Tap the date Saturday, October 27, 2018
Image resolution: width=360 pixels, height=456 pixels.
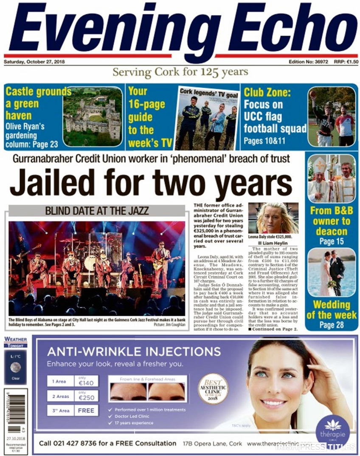point(34,62)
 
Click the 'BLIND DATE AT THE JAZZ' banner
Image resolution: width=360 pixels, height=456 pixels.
point(97,211)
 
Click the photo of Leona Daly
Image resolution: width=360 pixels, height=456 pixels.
point(273,218)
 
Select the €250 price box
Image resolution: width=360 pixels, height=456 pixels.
point(86,396)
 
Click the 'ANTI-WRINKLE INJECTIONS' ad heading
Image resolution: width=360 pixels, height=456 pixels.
point(134,352)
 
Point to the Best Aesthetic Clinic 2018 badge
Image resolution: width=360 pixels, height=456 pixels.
point(213,388)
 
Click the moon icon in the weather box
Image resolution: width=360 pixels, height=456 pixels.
point(15,367)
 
